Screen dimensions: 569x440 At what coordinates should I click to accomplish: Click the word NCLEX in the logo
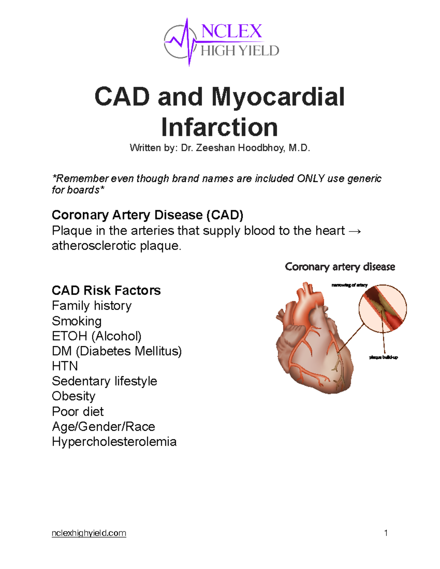[231, 31]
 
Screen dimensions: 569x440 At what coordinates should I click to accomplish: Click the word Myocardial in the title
[278, 97]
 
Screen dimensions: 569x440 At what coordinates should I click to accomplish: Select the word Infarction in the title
[219, 127]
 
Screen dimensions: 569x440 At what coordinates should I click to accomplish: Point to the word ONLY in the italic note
[311, 178]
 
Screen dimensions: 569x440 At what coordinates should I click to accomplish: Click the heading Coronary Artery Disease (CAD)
[147, 215]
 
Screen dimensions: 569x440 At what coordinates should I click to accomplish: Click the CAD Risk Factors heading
[106, 290]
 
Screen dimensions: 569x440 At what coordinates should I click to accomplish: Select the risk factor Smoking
[77, 321]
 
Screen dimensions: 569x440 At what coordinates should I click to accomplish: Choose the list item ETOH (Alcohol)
[96, 336]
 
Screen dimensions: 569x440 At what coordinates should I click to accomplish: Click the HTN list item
[65, 366]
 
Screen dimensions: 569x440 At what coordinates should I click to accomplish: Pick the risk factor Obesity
[73, 396]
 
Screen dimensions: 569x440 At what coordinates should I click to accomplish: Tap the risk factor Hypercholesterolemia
[114, 441]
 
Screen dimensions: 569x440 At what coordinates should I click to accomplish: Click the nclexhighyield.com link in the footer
[89, 533]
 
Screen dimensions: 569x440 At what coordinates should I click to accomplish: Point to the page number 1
[386, 533]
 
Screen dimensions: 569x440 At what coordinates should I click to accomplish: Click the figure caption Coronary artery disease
[340, 267]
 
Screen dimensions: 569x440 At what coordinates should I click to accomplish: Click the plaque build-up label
[383, 357]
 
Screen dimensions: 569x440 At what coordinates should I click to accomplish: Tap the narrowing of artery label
[349, 285]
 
